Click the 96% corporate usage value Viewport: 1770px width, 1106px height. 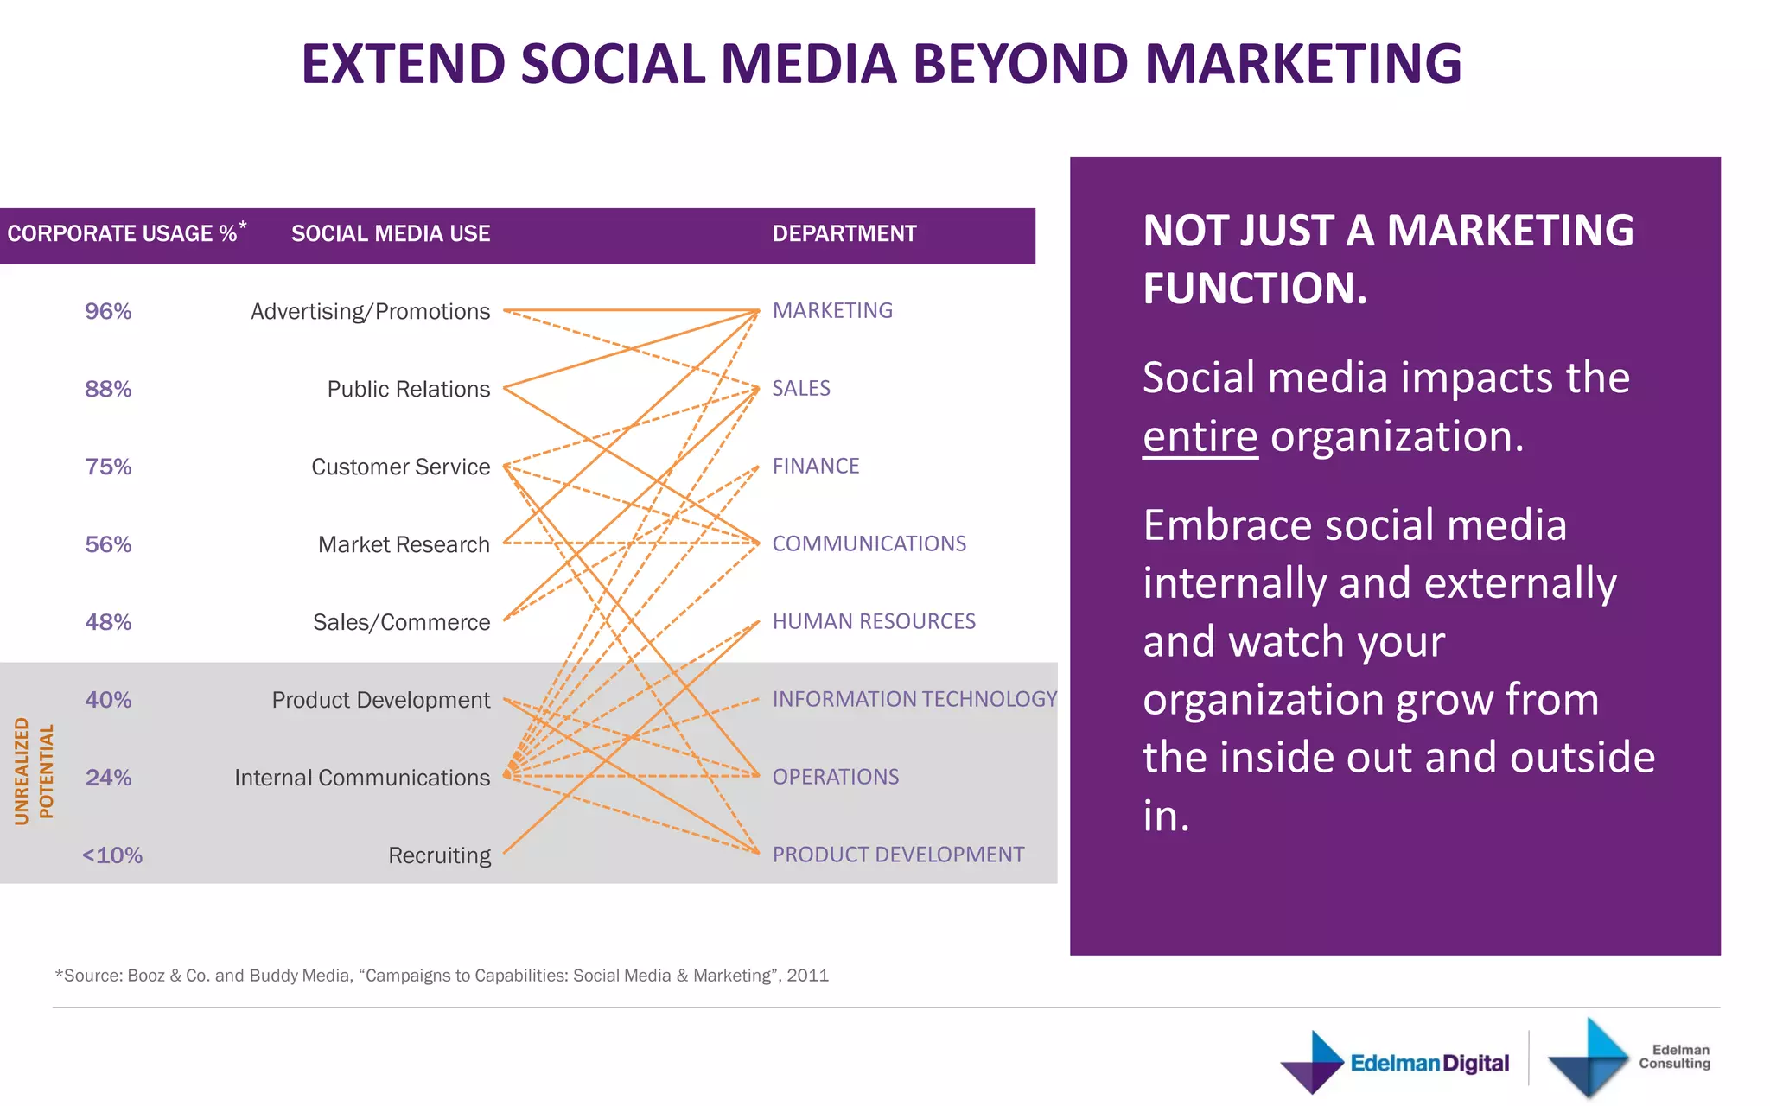click(x=108, y=311)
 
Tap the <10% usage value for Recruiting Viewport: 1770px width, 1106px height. click(x=112, y=855)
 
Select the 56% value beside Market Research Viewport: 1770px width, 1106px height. click(x=108, y=544)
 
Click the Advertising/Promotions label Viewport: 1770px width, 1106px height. click(x=370, y=311)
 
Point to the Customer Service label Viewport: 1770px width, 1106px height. click(x=400, y=467)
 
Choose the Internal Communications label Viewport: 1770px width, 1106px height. click(x=361, y=778)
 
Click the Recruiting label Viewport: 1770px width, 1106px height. click(x=439, y=855)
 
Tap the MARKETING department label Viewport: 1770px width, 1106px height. click(x=832, y=310)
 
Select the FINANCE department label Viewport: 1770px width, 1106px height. click(x=815, y=466)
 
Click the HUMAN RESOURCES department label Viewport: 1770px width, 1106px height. click(x=873, y=621)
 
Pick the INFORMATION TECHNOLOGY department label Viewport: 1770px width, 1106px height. click(x=914, y=699)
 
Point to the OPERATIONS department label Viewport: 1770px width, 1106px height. click(x=835, y=777)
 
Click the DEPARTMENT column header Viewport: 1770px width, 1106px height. click(x=844, y=233)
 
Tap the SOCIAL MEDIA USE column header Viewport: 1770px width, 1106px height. click(x=391, y=233)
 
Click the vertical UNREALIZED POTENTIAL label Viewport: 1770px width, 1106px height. click(x=34, y=771)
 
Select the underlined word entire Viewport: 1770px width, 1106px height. click(x=1200, y=436)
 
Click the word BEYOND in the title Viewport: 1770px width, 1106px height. click(x=1020, y=64)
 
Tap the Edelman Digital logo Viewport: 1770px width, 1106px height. click(x=1395, y=1062)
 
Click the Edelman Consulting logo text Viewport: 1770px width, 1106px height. click(x=1674, y=1056)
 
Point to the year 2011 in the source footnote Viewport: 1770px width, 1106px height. click(x=807, y=976)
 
